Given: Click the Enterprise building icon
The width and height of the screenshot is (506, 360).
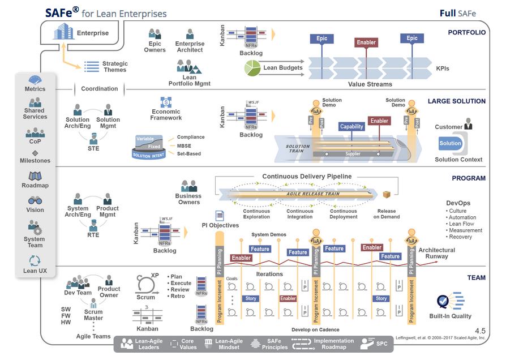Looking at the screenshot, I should (x=65, y=32).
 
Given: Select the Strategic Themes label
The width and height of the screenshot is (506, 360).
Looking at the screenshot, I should (x=115, y=67).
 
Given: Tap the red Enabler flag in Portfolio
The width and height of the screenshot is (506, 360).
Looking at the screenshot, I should (x=366, y=42).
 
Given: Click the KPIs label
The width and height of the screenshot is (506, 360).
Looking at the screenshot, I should (x=443, y=68).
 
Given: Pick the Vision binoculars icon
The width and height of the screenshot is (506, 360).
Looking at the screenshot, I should (x=35, y=200).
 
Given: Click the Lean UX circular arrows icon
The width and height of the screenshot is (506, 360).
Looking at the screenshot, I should (x=35, y=260).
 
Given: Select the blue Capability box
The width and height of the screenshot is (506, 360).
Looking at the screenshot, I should (x=351, y=127).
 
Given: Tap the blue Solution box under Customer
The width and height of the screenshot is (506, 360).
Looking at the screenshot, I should (x=451, y=144).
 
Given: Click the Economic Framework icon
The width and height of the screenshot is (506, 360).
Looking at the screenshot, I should (x=166, y=102).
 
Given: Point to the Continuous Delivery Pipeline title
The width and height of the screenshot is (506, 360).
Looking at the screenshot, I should (x=306, y=176).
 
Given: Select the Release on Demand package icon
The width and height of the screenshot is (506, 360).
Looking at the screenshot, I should (x=387, y=195).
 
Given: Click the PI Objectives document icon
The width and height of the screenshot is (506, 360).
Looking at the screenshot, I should (x=220, y=216).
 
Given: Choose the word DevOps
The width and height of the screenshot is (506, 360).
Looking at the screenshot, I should (x=458, y=203).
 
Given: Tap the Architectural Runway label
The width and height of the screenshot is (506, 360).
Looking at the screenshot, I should (x=436, y=253).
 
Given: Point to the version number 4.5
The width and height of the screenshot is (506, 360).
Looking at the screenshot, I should (x=480, y=331).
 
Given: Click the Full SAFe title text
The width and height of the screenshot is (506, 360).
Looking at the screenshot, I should (x=458, y=13).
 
